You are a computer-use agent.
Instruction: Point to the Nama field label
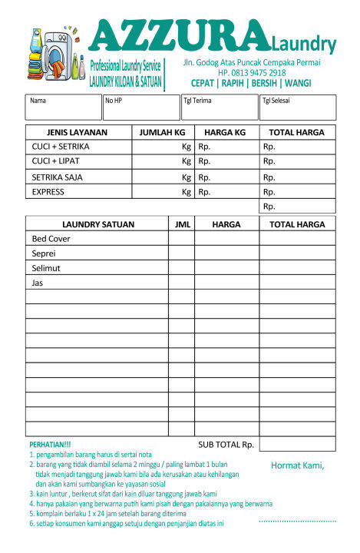(38, 101)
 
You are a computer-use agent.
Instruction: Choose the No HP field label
(114, 101)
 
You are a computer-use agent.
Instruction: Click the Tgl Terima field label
(197, 101)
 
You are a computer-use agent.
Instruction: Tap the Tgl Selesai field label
(276, 101)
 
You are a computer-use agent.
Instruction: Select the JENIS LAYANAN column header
(78, 132)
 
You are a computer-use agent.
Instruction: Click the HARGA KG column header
(225, 132)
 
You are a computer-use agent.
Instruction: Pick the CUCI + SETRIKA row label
(61, 146)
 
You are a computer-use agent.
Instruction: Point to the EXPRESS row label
(48, 192)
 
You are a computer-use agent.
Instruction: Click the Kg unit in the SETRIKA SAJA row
(186, 177)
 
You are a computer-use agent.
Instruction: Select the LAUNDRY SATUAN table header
(97, 224)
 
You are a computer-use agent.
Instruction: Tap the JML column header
(181, 224)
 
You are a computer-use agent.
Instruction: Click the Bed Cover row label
(51, 239)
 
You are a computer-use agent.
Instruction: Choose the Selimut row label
(46, 268)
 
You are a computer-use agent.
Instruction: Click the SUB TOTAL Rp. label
(226, 444)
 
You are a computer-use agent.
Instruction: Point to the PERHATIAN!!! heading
(50, 445)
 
